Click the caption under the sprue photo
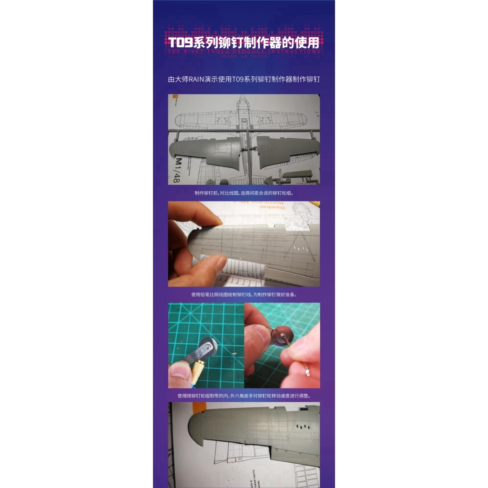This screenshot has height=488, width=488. coord(244,193)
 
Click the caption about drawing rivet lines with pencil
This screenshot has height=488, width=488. coord(244,295)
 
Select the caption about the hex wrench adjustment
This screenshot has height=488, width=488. coord(244,396)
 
